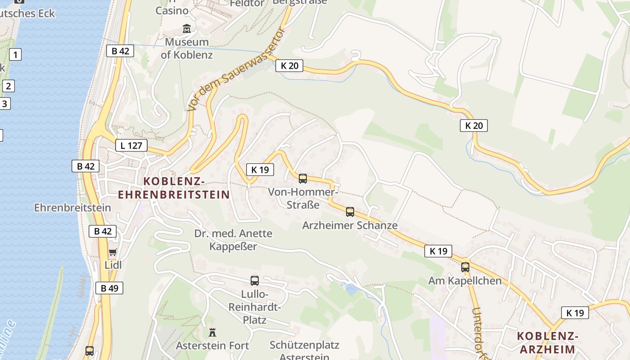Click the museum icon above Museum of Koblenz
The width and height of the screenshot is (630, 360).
187,29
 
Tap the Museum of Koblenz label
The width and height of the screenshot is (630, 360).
187,49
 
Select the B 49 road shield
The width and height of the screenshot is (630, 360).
109,288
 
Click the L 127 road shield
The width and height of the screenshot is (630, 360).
131,145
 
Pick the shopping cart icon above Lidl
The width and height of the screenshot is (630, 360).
113,252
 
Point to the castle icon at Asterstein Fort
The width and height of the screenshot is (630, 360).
212,333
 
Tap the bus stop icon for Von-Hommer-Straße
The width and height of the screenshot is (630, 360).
303,179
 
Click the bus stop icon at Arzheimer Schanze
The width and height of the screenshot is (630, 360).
350,211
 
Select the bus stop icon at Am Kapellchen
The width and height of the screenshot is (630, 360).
465,267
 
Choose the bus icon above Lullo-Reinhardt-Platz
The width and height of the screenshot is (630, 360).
255,281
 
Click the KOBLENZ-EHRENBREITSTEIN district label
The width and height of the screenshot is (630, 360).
174,188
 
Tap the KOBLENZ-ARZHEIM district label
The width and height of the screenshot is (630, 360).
547,342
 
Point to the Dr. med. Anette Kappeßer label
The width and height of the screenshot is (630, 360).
233,240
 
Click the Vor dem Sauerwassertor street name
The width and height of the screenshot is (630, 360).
237,69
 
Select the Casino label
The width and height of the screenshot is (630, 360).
172,10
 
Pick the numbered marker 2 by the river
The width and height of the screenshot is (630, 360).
8,85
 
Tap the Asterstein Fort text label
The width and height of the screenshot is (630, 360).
212,346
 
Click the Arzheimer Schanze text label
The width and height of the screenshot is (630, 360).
350,225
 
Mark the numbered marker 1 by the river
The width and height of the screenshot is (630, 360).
15,55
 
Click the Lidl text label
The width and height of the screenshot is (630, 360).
113,265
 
